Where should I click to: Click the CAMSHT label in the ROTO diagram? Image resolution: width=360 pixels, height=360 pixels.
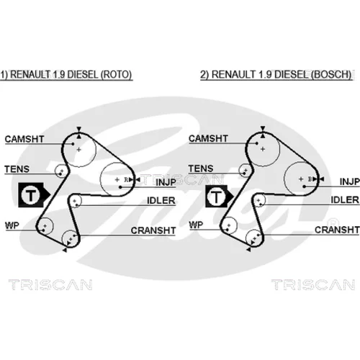point(24,139)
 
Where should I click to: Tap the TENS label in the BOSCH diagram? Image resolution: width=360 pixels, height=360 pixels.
point(201,168)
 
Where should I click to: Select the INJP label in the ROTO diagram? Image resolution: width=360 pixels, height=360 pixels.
point(166,182)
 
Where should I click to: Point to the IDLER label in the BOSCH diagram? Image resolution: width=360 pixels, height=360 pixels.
point(345,200)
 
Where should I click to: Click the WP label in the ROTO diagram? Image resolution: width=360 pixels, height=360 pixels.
point(12,225)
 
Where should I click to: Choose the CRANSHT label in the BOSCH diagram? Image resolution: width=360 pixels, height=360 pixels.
point(337,230)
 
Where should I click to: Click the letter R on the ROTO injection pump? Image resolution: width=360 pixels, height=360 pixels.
point(126,179)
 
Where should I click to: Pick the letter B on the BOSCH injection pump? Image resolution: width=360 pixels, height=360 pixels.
point(310,179)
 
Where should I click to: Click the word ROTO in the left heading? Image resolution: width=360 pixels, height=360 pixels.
point(116,75)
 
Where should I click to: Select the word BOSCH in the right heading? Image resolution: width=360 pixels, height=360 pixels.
point(332,75)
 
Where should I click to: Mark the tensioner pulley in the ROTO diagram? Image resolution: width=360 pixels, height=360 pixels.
point(61,171)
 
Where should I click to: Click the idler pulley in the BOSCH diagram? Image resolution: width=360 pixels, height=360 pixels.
point(259,200)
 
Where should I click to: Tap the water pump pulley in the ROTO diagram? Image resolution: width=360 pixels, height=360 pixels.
point(45,226)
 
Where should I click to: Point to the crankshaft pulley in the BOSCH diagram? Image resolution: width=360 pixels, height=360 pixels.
point(254,238)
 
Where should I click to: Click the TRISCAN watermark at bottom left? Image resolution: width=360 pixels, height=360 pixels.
point(50,285)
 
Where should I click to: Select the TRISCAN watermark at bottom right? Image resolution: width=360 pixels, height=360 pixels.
point(313,285)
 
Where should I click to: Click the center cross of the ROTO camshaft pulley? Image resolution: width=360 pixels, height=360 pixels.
point(78,150)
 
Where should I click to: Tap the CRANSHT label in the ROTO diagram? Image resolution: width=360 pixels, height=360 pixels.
point(153,230)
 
